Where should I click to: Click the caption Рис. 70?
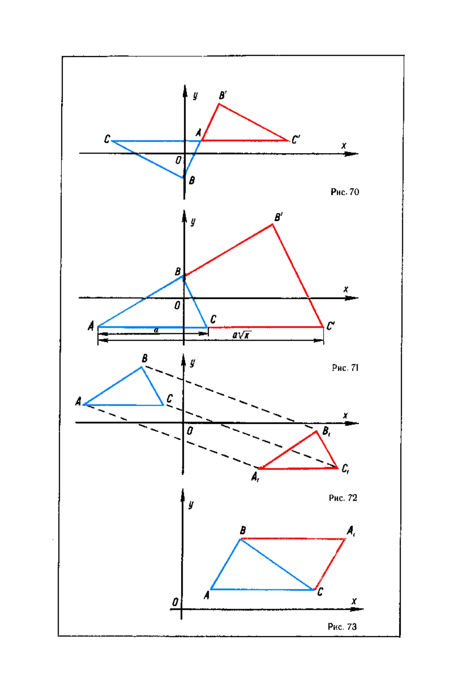(x=345, y=192)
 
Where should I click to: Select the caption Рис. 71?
(x=345, y=368)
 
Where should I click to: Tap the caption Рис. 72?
(x=343, y=498)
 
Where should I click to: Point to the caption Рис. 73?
(x=342, y=627)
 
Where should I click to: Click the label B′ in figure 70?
(x=223, y=95)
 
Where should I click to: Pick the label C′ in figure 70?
(x=296, y=139)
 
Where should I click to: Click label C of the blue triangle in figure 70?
(x=107, y=139)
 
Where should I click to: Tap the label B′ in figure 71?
(x=278, y=217)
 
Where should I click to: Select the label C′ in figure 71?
(x=330, y=326)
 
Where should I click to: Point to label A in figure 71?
(x=91, y=326)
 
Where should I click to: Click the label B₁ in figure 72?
(x=326, y=431)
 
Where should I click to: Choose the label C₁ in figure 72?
(x=345, y=469)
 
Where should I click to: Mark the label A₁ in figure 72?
(x=255, y=477)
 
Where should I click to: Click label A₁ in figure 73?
(x=351, y=531)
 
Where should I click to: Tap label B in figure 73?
(x=243, y=531)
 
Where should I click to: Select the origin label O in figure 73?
(x=175, y=602)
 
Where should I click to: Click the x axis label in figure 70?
(x=344, y=146)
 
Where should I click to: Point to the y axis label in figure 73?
(x=191, y=504)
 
